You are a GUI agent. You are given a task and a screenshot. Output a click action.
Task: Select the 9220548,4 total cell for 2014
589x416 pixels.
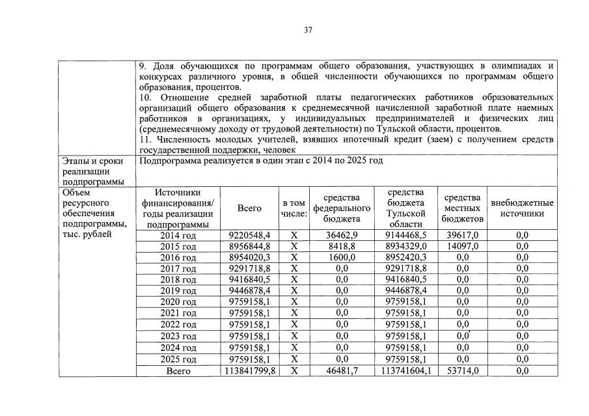tap(250, 235)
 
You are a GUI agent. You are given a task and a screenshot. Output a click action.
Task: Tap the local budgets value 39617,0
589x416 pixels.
tap(462, 235)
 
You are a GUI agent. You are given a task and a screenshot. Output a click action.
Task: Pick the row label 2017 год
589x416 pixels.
tap(178, 268)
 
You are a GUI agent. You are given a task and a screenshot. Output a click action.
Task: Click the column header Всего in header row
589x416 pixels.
tap(250, 208)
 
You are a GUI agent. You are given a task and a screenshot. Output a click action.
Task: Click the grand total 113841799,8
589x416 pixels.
tap(250, 370)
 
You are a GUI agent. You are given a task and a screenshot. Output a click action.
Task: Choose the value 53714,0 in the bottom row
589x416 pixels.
tap(462, 370)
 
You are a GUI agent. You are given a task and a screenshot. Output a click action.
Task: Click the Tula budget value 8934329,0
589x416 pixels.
tap(405, 246)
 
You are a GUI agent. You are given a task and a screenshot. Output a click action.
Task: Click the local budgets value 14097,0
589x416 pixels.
tap(462, 246)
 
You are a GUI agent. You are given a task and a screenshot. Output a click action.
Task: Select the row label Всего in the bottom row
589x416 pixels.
tap(178, 370)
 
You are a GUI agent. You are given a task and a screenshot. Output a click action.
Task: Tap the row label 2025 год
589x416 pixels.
tap(178, 359)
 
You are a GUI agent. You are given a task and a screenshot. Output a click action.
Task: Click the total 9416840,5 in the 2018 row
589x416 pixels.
tap(250, 279)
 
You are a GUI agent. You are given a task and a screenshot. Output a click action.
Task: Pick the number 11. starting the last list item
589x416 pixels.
tap(146, 139)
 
